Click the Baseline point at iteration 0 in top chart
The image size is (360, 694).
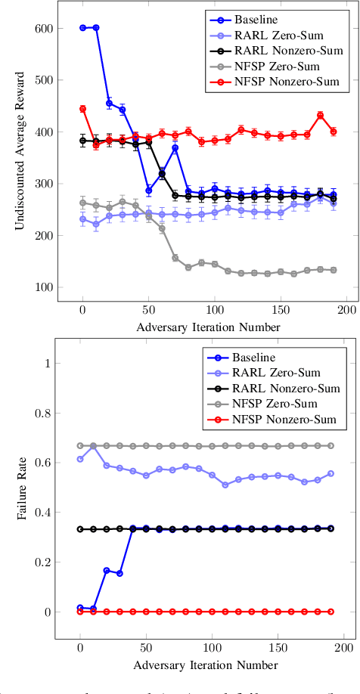(82, 28)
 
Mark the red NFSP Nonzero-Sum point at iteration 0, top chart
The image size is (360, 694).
(82, 109)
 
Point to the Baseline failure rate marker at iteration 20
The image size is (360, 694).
(107, 570)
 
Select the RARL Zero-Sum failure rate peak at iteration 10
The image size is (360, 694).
(93, 447)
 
